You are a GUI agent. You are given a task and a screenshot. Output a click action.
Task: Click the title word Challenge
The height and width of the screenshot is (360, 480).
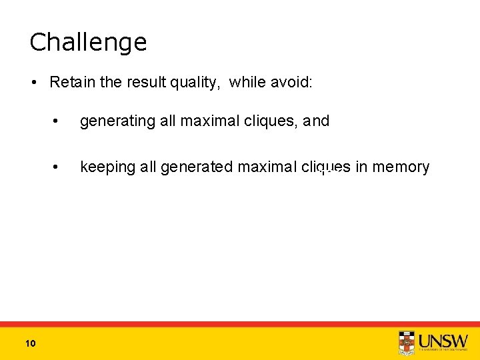[x=88, y=43]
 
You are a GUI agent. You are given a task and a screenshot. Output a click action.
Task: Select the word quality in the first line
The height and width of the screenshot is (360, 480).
[x=198, y=83]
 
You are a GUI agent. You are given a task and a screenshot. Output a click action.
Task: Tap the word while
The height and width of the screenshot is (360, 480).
[x=247, y=83]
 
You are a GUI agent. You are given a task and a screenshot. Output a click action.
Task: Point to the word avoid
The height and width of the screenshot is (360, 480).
[x=291, y=83]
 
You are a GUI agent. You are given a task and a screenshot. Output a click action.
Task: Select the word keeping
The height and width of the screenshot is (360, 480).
[x=107, y=167]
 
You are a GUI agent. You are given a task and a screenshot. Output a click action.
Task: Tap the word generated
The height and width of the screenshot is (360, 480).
[x=193, y=167]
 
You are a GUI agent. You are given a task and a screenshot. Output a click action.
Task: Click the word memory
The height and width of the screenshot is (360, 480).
[x=401, y=167]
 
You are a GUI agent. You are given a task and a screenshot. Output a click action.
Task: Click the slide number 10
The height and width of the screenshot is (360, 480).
[x=29, y=343]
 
